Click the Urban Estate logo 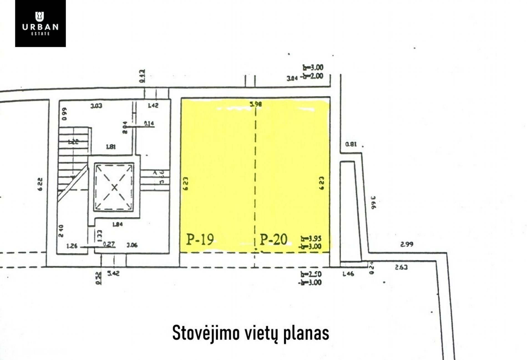(x=40, y=23)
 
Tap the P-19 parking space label (x=200, y=239)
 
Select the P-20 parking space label (x=273, y=239)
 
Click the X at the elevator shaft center (x=114, y=188)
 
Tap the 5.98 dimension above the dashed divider (x=256, y=104)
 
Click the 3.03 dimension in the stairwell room (x=96, y=106)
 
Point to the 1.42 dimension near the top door (x=153, y=106)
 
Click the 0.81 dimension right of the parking (x=351, y=144)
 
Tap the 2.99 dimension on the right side (x=407, y=244)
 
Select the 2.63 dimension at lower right (x=401, y=267)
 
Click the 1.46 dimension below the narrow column (x=348, y=274)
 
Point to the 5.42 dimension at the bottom (x=113, y=274)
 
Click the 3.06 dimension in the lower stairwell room (x=132, y=245)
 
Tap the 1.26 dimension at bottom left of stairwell (x=72, y=246)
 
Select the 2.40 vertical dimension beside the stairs (x=61, y=231)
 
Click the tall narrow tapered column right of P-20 (x=350, y=211)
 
